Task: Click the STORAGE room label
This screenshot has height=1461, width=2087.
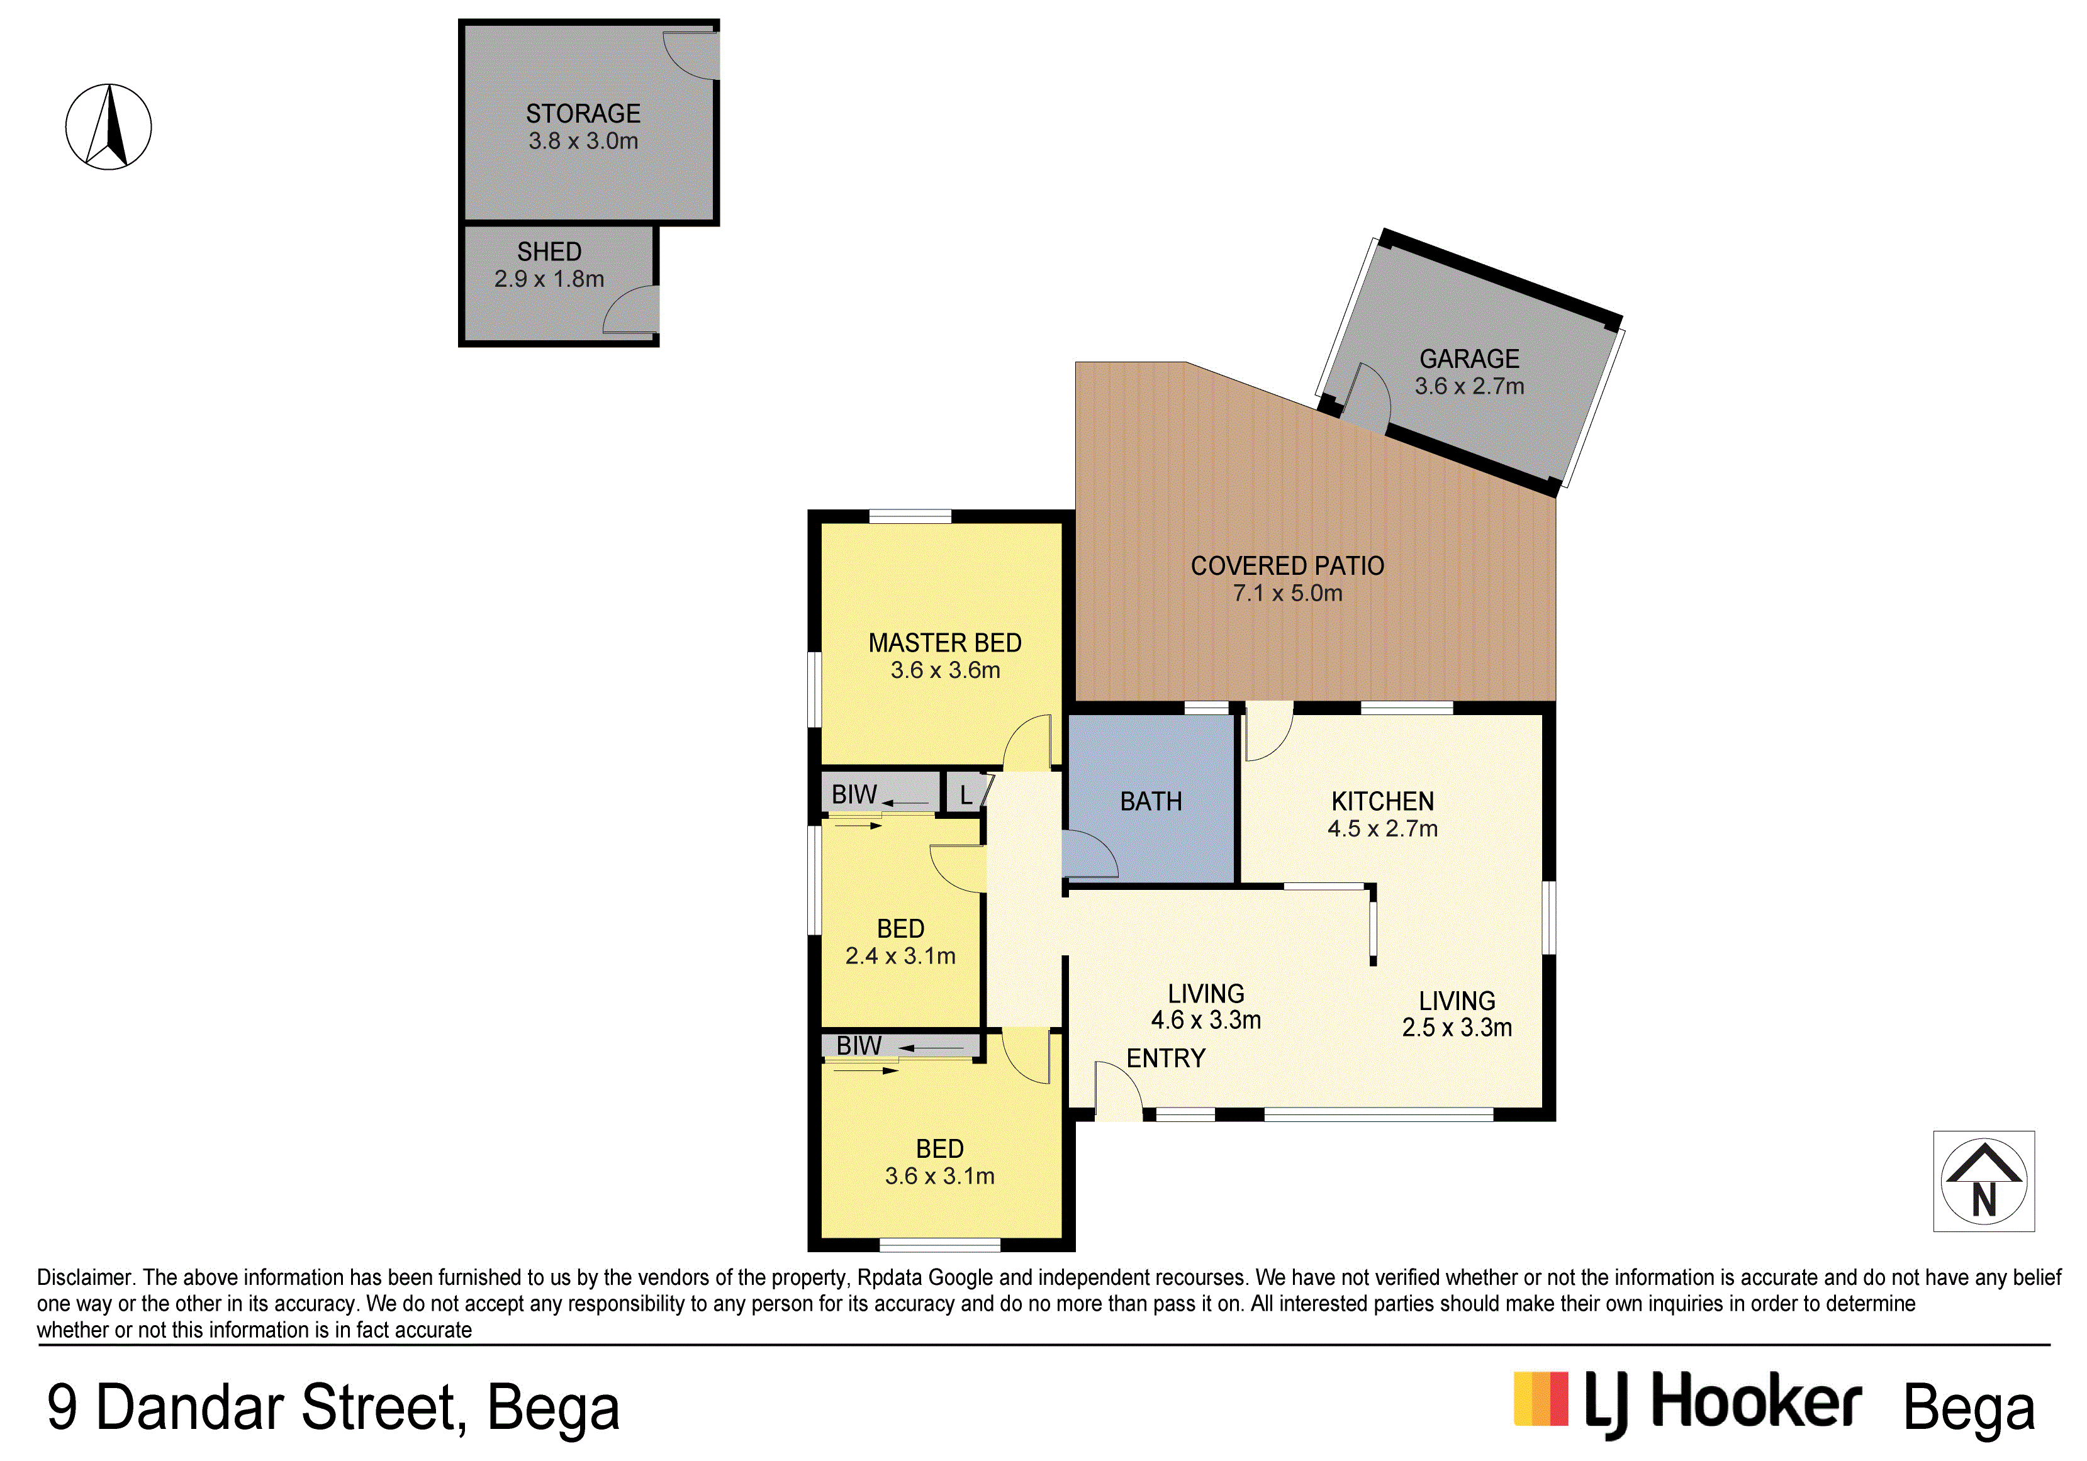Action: coord(583,114)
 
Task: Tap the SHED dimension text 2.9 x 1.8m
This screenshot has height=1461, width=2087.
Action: coord(549,279)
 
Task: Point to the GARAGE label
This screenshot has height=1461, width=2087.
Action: coord(1469,359)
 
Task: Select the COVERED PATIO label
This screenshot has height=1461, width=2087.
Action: coord(1287,566)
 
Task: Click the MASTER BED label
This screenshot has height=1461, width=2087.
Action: coord(944,643)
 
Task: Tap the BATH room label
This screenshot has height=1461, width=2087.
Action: coord(1151,801)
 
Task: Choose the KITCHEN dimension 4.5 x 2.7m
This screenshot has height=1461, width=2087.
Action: coord(1382,829)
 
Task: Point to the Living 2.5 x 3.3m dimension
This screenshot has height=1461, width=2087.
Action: coord(1457,1028)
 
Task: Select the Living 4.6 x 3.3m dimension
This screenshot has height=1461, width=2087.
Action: coord(1206,1020)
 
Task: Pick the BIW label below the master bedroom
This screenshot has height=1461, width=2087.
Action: coord(854,794)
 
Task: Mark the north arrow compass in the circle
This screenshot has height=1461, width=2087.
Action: coord(109,126)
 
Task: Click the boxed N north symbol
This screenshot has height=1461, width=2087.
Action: coord(1984,1181)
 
